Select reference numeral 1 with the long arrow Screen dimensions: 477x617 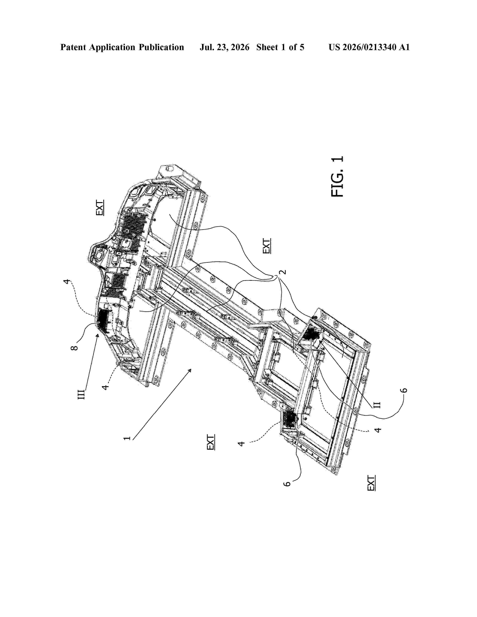127,438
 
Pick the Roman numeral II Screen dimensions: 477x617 377,405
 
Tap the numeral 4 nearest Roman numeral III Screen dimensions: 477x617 105,386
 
